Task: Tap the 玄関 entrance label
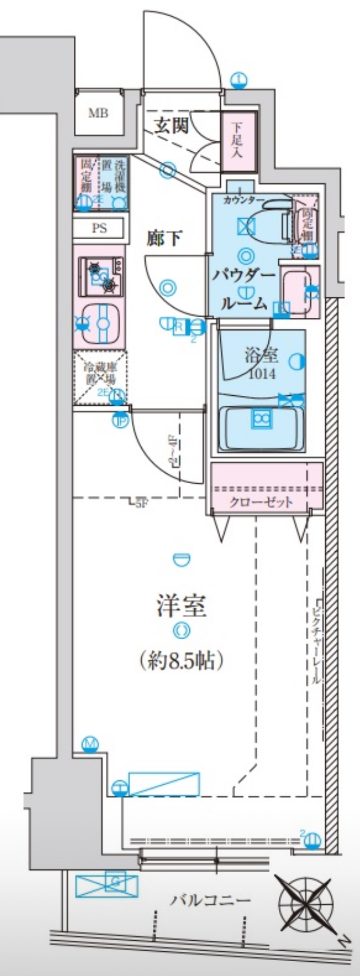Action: [171, 125]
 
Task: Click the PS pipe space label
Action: [99, 228]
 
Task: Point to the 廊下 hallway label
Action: [164, 239]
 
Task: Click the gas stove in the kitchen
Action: [101, 276]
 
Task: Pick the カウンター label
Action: [244, 200]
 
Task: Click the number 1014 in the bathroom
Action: [261, 374]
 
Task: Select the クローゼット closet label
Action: [261, 501]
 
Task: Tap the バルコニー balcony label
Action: [210, 900]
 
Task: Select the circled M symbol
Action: [91, 744]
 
